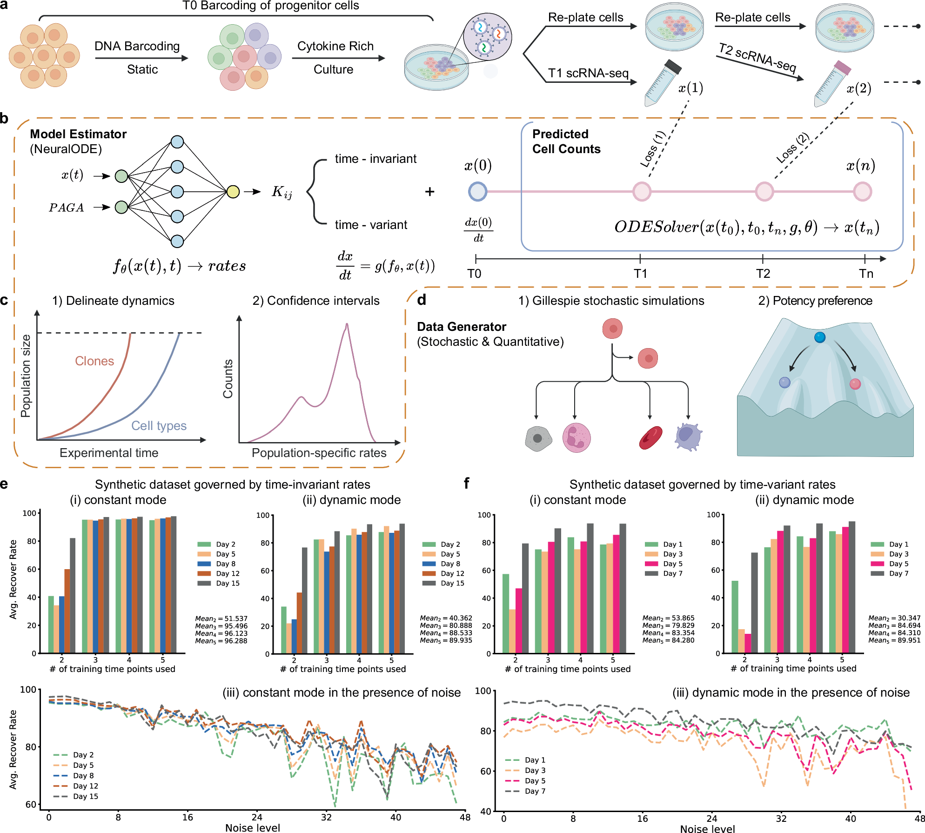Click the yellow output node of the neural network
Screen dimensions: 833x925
[233, 191]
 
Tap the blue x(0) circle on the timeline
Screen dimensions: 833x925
[477, 191]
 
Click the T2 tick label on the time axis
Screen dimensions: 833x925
[763, 273]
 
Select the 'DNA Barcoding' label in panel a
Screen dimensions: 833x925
[137, 46]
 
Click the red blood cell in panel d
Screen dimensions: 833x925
[650, 437]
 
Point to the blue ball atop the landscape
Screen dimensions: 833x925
[820, 337]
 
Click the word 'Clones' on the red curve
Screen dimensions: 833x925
[94, 361]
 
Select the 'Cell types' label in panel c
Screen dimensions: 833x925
[159, 425]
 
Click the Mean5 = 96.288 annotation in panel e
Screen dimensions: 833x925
[221, 641]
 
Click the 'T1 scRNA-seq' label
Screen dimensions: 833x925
[588, 73]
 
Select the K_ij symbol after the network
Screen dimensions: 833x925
[282, 192]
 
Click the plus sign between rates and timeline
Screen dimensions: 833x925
[430, 191]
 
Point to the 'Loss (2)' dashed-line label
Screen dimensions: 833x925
[792, 148]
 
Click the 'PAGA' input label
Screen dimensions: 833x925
[67, 208]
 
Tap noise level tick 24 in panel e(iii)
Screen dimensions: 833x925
[257, 817]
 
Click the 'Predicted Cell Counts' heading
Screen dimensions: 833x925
[566, 141]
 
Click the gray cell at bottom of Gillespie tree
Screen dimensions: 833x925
[538, 438]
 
